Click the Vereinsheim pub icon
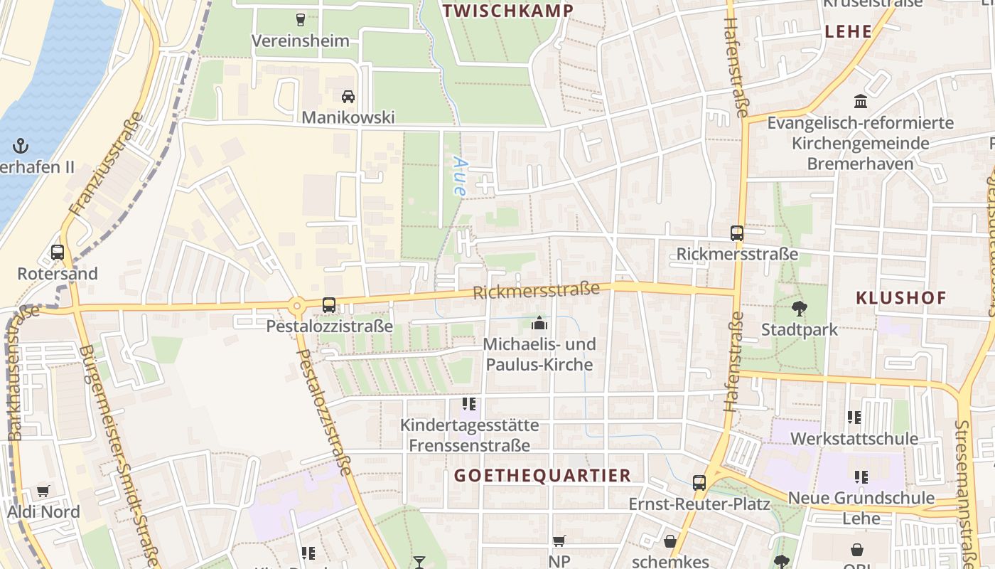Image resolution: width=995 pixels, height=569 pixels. (300, 19)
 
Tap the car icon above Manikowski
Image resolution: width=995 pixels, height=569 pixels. (348, 96)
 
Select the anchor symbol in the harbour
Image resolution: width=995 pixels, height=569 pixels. (21, 147)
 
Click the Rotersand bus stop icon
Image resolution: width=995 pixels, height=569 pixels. (58, 252)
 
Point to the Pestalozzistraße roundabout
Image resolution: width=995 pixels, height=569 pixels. (296, 307)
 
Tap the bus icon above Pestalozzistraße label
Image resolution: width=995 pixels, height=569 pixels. (329, 305)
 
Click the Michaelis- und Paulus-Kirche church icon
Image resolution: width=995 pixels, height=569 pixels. (539, 324)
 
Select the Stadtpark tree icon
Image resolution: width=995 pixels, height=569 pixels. (800, 309)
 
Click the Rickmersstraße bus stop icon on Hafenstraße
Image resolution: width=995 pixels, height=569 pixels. (737, 233)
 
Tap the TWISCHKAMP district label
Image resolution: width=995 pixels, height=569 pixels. (507, 11)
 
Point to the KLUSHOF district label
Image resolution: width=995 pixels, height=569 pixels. (901, 298)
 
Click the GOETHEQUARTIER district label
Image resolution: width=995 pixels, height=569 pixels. (542, 475)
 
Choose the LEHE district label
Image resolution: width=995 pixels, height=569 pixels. (848, 31)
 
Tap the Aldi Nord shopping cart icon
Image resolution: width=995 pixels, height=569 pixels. (43, 491)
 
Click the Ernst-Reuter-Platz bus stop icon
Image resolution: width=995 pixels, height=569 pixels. (699, 483)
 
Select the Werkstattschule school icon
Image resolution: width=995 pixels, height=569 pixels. (854, 418)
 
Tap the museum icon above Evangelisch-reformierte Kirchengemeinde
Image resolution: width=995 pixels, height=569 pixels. (861, 101)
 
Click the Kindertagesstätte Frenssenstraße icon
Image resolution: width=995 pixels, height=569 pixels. (469, 405)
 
